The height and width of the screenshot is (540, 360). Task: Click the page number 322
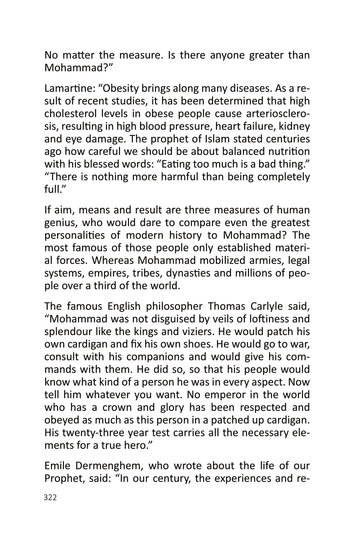(50, 497)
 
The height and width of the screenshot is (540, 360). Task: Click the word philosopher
(174, 306)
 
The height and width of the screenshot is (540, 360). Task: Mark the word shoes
(198, 344)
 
